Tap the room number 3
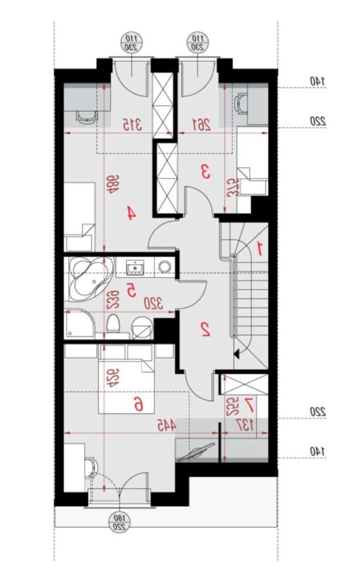pyautogui.click(x=205, y=172)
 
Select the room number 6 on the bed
pyautogui.click(x=139, y=403)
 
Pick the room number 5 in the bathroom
pyautogui.click(x=131, y=289)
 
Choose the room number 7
pyautogui.click(x=249, y=403)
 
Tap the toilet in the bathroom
pyautogui.click(x=114, y=323)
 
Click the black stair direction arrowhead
pyautogui.click(x=237, y=353)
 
